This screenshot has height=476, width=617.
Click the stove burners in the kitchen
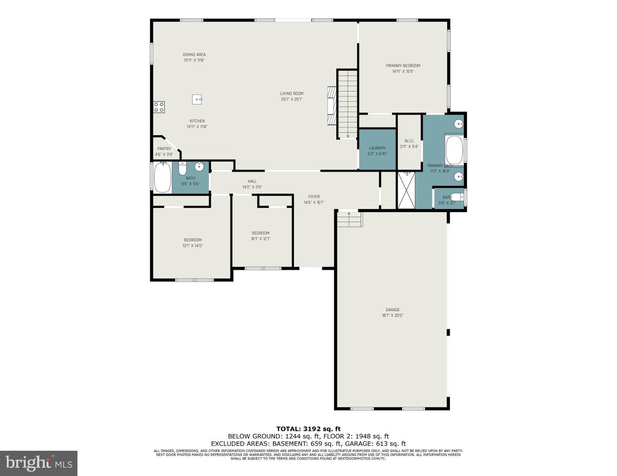pyautogui.click(x=159, y=107)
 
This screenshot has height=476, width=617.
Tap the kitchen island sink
pyautogui.click(x=197, y=99)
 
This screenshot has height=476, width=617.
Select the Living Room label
pyautogui.click(x=291, y=93)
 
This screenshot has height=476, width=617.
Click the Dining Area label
pyautogui.click(x=194, y=55)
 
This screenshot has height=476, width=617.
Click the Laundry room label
pyautogui.click(x=377, y=148)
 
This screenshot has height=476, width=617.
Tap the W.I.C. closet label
pyautogui.click(x=409, y=141)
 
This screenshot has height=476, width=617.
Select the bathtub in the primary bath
pyautogui.click(x=454, y=150)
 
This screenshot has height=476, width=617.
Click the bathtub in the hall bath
pyautogui.click(x=162, y=178)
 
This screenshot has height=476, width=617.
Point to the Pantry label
pyautogui.click(x=164, y=149)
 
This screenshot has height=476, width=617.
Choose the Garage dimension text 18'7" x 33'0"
pyautogui.click(x=392, y=315)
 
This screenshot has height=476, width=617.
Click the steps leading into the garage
pyautogui.click(x=350, y=219)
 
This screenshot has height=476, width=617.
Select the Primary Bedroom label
pyautogui.click(x=403, y=66)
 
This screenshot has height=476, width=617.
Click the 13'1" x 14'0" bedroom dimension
pyautogui.click(x=192, y=246)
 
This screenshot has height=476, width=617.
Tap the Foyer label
pyautogui.click(x=314, y=197)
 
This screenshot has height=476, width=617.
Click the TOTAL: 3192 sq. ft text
pyautogui.click(x=308, y=428)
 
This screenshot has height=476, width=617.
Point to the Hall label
pyautogui.click(x=252, y=181)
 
